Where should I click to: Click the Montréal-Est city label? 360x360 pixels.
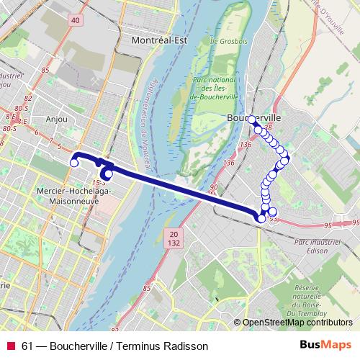pos(160,40)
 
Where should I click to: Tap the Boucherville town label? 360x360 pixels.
pos(253,115)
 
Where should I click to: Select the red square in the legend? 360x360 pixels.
pos(11,346)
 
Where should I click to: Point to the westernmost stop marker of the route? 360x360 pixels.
pos(73,163)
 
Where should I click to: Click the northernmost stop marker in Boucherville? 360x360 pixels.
pos(253,122)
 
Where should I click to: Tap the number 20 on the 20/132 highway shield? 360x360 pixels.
pos(173,235)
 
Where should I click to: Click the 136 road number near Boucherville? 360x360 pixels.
pos(246,145)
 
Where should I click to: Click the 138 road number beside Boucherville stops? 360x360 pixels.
pos(269,128)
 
